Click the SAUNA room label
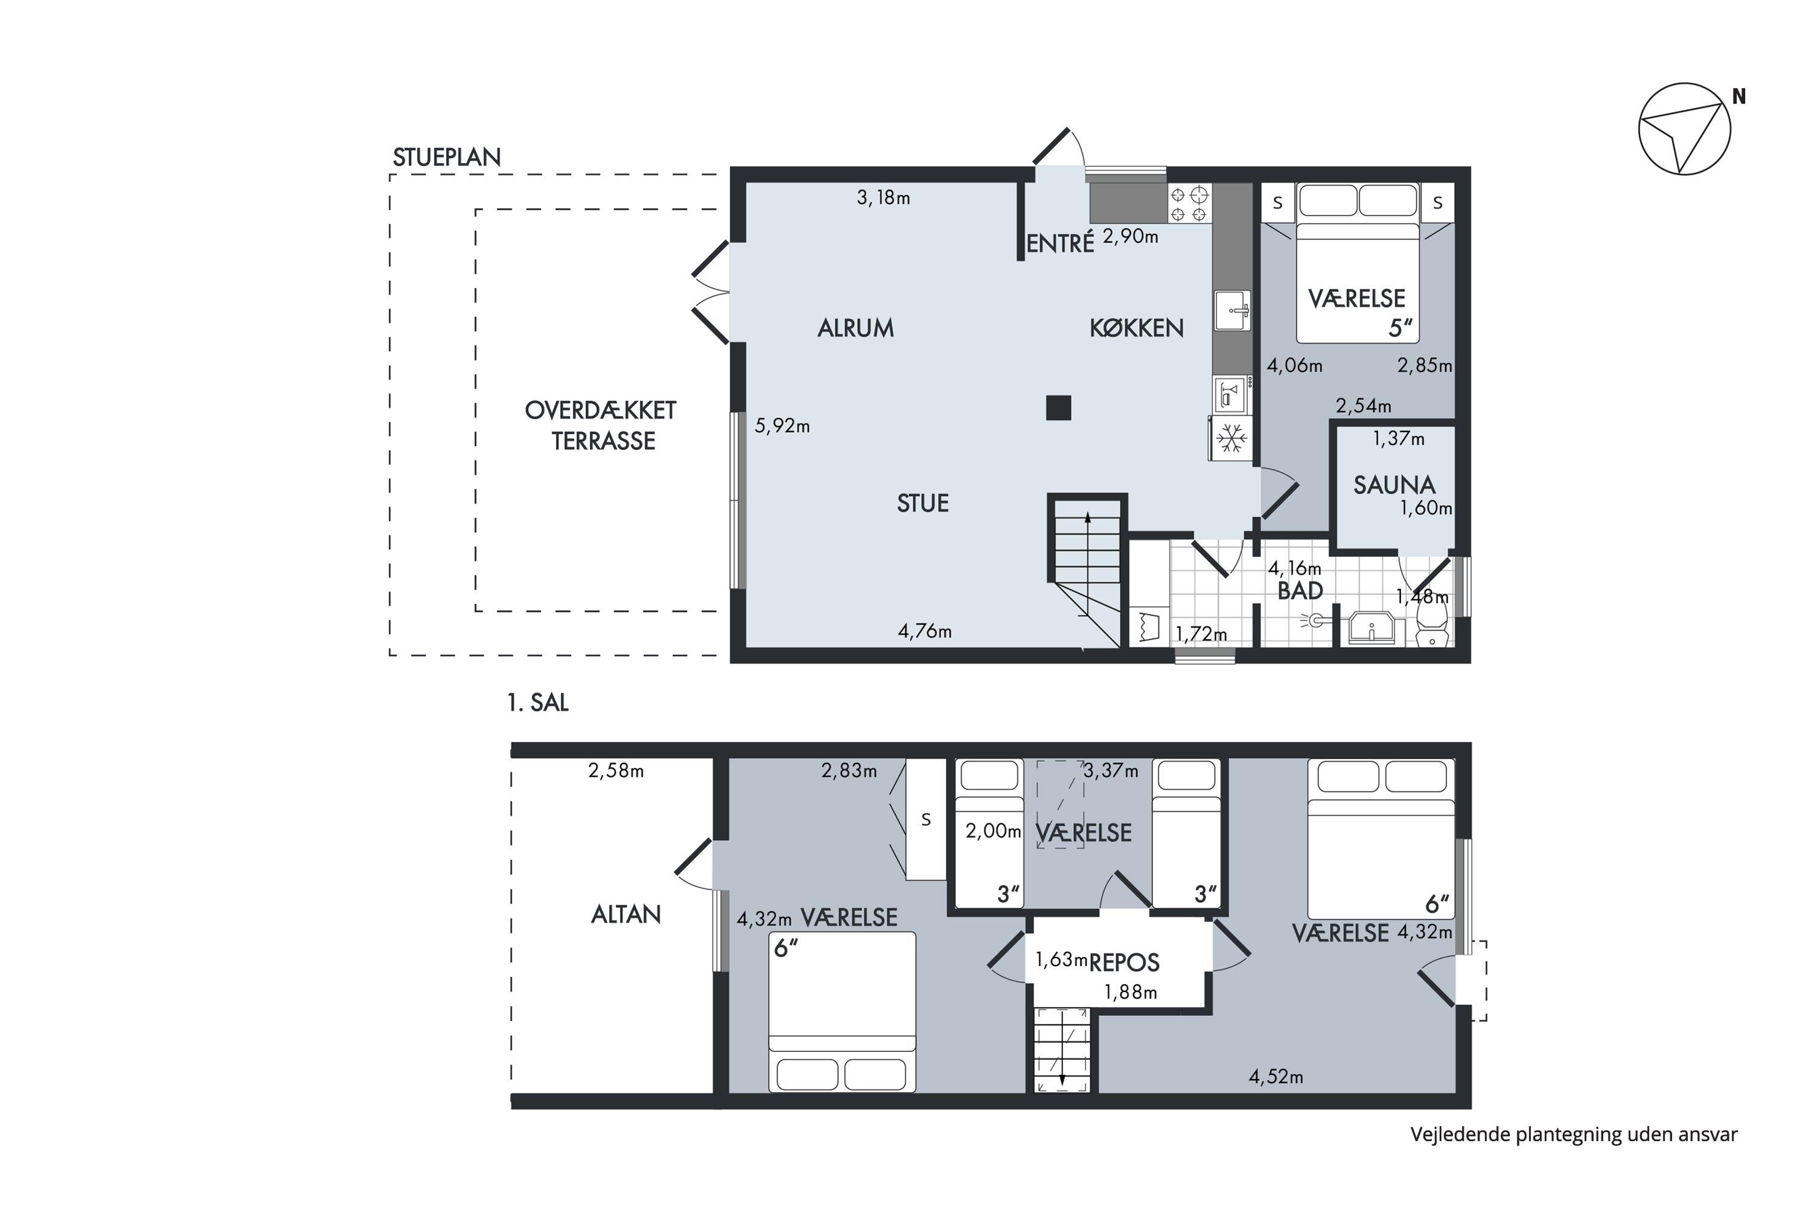[x=1394, y=485]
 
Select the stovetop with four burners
[x=1190, y=203]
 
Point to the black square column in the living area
[x=1059, y=407]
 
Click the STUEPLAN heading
[x=447, y=157]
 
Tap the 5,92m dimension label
[x=782, y=425]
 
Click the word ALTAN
[x=626, y=914]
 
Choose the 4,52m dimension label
[x=1276, y=1077]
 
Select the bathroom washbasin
[x=1372, y=628]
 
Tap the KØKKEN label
[x=1137, y=328]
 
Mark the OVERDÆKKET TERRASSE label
[x=601, y=425]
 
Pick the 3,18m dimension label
[x=883, y=198]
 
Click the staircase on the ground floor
[x=1087, y=571]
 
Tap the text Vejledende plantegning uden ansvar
[x=1574, y=1135]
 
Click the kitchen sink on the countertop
[x=1232, y=310]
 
